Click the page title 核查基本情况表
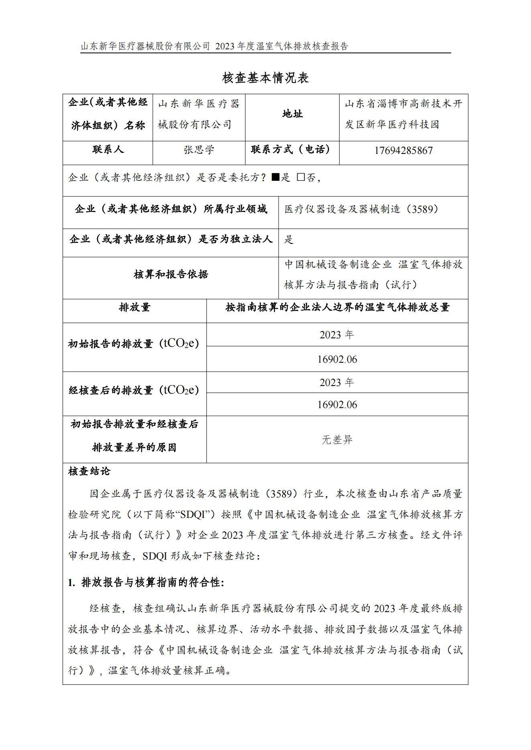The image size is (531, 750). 265,78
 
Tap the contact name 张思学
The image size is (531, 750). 199,150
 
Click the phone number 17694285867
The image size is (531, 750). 403,151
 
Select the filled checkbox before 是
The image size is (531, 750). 275,177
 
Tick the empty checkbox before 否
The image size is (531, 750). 301,177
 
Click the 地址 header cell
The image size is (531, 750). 292,114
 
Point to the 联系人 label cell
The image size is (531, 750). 108,150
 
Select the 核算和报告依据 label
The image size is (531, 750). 171,275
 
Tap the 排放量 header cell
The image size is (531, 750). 134,307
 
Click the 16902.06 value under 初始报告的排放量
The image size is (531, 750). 337,359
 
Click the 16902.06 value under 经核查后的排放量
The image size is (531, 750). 337,404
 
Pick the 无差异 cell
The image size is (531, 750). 337,440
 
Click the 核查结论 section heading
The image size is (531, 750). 89,471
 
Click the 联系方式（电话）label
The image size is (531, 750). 292,150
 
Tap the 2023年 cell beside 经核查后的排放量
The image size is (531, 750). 337,382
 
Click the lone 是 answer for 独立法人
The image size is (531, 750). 289,240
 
